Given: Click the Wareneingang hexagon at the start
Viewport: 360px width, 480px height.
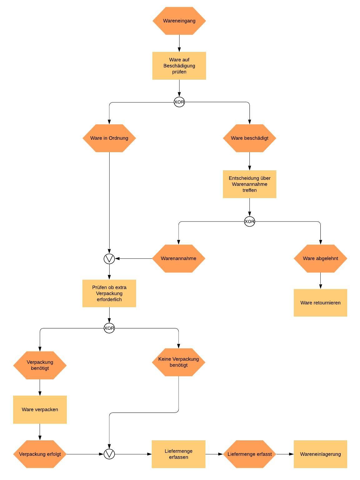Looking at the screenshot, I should pyautogui.click(x=179, y=21).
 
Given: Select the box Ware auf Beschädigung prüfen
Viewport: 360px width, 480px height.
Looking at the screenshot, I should pyautogui.click(x=179, y=66).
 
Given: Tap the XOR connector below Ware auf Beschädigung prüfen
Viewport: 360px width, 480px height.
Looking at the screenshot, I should pyautogui.click(x=179, y=102).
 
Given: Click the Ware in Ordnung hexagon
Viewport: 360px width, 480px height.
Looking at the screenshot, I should pyautogui.click(x=109, y=138).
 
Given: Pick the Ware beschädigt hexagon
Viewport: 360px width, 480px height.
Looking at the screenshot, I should pyautogui.click(x=249, y=138).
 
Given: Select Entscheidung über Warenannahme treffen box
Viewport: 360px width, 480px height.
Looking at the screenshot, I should pyautogui.click(x=249, y=184).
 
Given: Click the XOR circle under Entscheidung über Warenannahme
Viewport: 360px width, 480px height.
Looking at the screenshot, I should pyautogui.click(x=249, y=222).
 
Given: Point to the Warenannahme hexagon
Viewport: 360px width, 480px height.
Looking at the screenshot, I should pyautogui.click(x=178, y=258).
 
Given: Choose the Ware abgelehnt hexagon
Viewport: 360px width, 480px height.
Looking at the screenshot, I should pyautogui.click(x=320, y=258).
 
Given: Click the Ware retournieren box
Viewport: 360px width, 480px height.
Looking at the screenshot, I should pyautogui.click(x=320, y=302).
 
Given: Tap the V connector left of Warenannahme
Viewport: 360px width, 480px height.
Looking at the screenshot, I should pyautogui.click(x=109, y=258).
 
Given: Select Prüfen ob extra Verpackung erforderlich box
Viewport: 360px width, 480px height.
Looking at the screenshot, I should pyautogui.click(x=109, y=293).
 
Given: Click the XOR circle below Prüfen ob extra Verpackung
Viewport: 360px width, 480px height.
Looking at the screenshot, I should pyautogui.click(x=109, y=328).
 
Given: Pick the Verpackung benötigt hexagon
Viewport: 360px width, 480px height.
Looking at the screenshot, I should pyautogui.click(x=40, y=365).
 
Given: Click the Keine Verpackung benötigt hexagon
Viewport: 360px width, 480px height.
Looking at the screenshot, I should pyautogui.click(x=178, y=362).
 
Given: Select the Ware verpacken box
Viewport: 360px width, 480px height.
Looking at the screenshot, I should pyautogui.click(x=40, y=409).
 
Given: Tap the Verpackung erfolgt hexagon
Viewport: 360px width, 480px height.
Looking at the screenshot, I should pyautogui.click(x=40, y=454).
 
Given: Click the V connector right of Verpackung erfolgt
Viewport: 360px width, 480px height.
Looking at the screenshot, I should pyautogui.click(x=109, y=454).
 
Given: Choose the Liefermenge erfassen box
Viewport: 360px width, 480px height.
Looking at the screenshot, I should pyautogui.click(x=178, y=454).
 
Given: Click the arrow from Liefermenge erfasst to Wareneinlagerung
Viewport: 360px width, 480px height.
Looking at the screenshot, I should pyautogui.click(x=285, y=454).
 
